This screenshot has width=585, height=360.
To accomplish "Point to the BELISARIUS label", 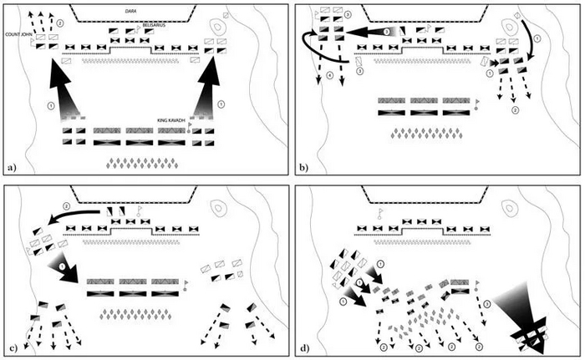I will point(163,25).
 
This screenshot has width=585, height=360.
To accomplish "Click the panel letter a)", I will point(11,168).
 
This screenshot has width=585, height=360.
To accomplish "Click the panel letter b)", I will point(304,168).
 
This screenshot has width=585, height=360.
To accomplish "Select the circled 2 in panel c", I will point(66,205).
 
